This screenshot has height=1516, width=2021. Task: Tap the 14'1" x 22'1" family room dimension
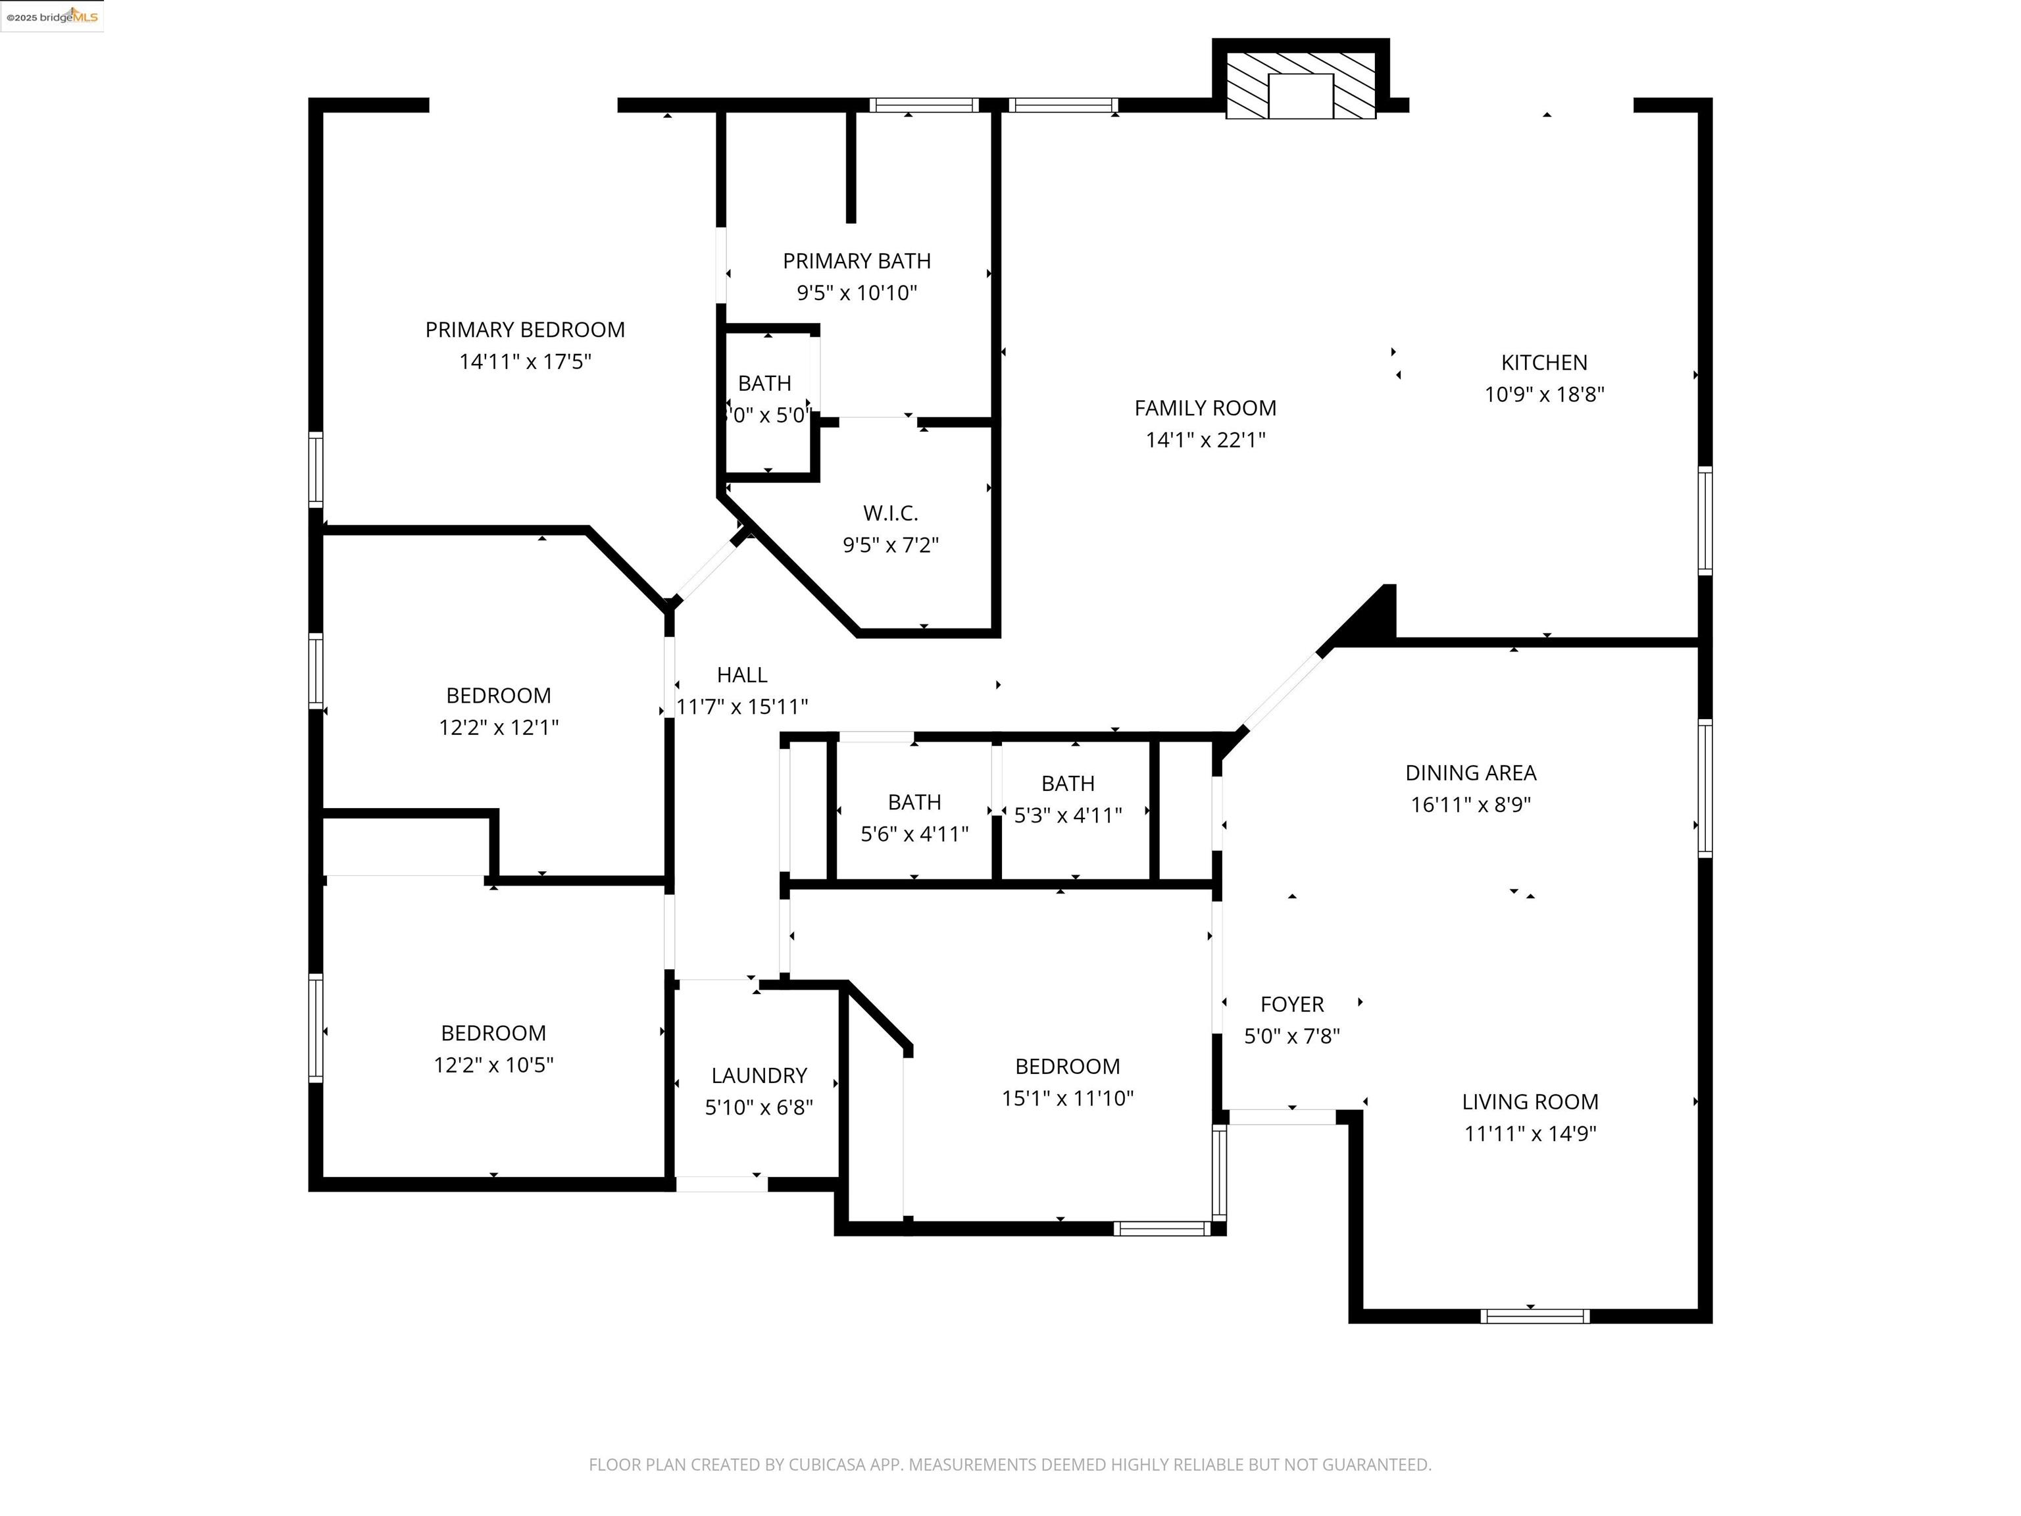click(x=1205, y=440)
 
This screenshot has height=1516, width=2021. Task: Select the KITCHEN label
click(x=1543, y=363)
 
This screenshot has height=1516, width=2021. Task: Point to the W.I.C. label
click(x=890, y=513)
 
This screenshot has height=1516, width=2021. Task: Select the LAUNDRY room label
click(x=759, y=1076)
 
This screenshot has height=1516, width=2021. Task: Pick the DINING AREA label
click(x=1470, y=773)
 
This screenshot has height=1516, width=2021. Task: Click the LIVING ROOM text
click(x=1530, y=1102)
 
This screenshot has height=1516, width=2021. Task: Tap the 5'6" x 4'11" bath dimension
click(x=914, y=834)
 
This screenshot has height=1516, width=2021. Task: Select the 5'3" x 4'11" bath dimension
click(x=1067, y=815)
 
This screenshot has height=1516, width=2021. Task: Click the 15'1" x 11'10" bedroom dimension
click(x=1067, y=1098)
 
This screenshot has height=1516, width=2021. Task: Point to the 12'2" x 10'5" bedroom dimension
click(x=493, y=1065)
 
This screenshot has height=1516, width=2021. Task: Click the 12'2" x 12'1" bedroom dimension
click(x=498, y=727)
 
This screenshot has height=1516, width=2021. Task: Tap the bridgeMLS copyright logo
click(x=52, y=16)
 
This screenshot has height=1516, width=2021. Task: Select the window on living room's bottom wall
click(x=1534, y=1316)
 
